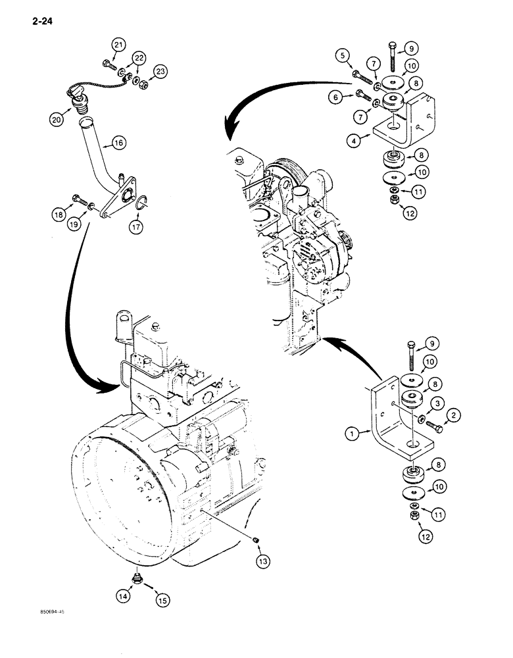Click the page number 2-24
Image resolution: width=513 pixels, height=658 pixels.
40,21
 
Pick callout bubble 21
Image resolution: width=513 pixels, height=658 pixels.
118,45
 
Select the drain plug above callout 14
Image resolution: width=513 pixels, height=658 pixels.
137,578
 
